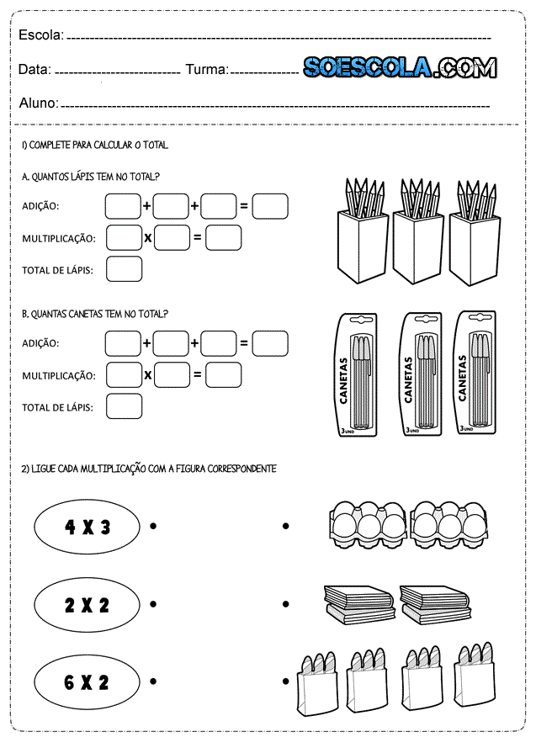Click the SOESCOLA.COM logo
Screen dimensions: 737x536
399,68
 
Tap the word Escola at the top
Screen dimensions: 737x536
40,35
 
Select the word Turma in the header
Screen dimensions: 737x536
206,69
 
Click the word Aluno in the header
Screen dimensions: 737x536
38,103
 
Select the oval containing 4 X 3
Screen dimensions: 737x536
87,528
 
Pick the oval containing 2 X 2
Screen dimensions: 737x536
87,605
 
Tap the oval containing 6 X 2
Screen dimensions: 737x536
87,681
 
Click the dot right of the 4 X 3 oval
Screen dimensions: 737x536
153,527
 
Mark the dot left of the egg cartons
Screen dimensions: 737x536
286,527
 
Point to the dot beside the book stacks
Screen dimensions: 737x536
286,604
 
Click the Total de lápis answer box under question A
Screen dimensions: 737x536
124,269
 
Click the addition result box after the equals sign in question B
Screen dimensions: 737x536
269,343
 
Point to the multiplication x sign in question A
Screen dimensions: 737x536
147,238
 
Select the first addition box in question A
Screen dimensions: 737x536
123,206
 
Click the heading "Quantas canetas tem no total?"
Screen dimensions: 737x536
95,314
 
